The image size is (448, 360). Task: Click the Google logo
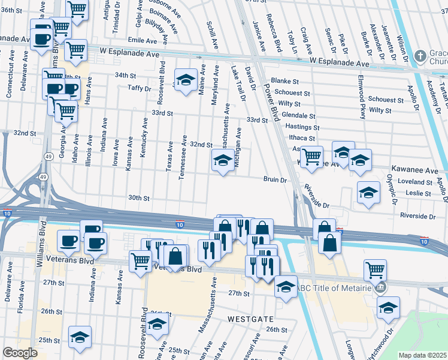point(20,353)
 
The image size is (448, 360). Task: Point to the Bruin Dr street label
point(276,179)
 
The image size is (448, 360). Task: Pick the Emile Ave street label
point(141,40)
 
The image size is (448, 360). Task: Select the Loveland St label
point(417,181)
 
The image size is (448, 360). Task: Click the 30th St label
point(138,197)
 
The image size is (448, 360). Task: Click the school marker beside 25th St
point(80,337)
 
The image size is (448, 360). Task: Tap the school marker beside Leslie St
point(368,193)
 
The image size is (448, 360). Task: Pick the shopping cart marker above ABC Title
point(375,270)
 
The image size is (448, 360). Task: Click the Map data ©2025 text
point(422,355)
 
